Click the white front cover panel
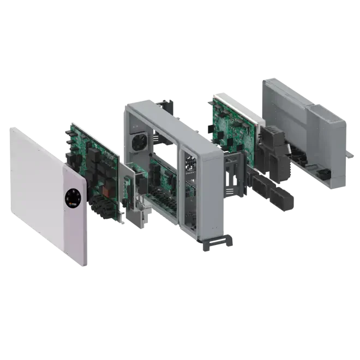tap(38, 185)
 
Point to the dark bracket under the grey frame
tap(215, 244)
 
